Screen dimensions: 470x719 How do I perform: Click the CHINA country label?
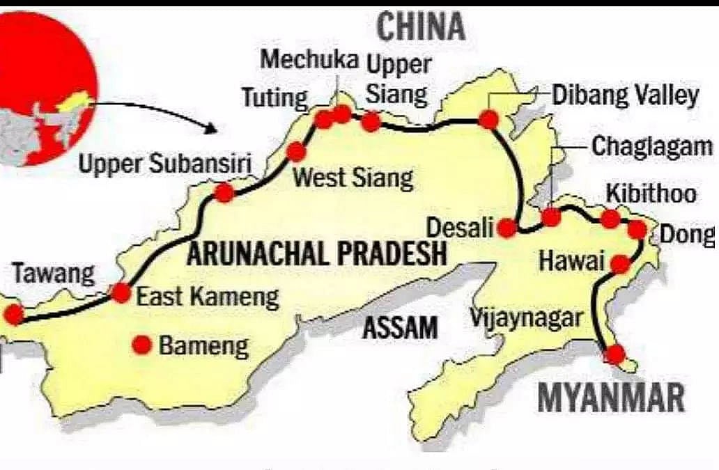point(420,26)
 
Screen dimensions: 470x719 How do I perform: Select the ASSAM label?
point(400,327)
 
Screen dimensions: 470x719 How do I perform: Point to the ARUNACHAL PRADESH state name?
point(316,253)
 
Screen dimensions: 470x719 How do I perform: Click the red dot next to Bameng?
point(144,344)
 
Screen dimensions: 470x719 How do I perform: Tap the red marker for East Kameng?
point(121,293)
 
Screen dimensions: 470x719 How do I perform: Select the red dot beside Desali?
point(508,228)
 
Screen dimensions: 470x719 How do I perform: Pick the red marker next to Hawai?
point(620,264)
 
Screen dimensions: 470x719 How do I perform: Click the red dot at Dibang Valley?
point(489,120)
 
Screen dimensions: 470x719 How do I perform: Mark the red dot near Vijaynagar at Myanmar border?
point(614,354)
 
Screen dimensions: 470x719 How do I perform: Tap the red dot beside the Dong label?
point(637,229)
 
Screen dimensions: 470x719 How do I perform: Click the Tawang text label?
point(53,274)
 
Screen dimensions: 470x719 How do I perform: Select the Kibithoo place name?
point(651,193)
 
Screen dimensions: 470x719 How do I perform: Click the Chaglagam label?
point(652,146)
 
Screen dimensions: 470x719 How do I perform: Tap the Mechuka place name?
point(309,59)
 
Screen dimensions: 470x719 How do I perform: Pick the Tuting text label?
point(275,97)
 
